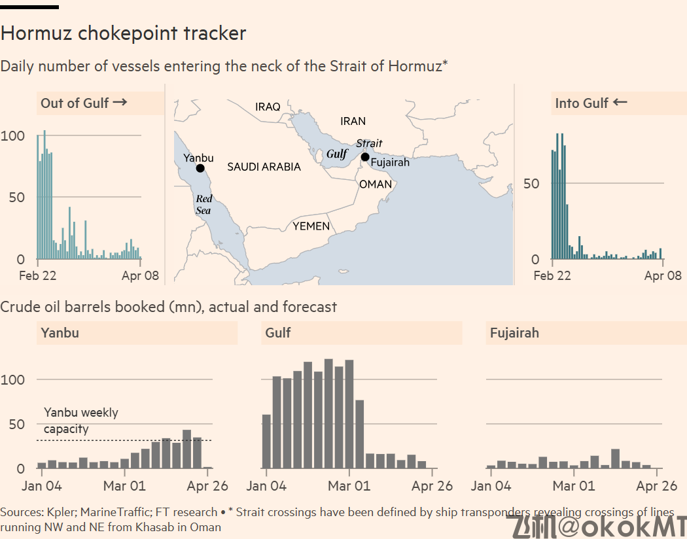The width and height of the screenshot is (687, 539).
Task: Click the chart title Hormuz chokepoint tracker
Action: [x=124, y=33]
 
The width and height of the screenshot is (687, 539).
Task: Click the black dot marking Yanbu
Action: [x=200, y=168]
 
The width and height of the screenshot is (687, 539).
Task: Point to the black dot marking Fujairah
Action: [x=365, y=156]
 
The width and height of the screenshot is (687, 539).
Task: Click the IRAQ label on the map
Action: [x=268, y=107]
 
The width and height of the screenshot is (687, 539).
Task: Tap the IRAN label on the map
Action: [x=353, y=121]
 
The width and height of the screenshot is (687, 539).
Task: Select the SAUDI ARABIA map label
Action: [x=264, y=167]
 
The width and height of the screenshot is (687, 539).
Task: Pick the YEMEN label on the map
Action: [x=311, y=226]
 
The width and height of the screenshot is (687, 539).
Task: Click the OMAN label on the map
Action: [x=376, y=184]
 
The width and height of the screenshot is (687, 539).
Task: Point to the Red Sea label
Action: [x=203, y=204]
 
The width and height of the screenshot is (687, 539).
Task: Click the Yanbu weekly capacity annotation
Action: [x=81, y=421]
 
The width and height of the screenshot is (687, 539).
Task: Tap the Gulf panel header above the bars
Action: [x=278, y=333]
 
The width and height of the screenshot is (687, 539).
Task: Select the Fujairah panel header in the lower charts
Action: [x=514, y=333]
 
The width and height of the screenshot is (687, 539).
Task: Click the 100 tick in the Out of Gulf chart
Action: [x=13, y=136]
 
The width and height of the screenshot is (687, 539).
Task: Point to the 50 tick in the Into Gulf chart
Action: [x=531, y=183]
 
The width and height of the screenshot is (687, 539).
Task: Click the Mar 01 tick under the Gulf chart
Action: [x=349, y=486]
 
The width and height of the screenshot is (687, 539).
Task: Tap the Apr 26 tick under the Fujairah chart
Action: [x=656, y=486]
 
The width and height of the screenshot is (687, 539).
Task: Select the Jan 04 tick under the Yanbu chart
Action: [x=42, y=486]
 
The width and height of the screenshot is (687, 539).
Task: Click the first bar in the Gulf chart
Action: [x=266, y=441]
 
